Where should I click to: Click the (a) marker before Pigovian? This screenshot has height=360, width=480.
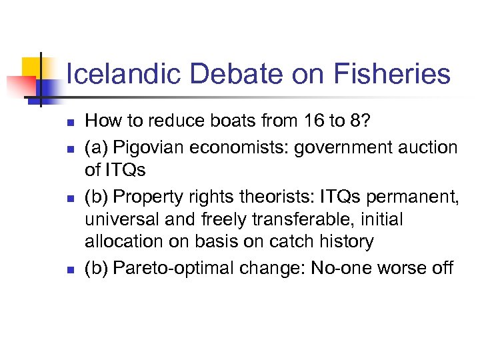(x=97, y=147)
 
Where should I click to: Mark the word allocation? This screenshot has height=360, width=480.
(x=117, y=241)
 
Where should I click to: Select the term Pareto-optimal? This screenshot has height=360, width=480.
(x=167, y=268)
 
